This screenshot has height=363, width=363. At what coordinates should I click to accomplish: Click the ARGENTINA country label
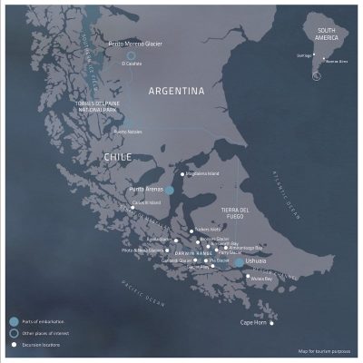pos(178,92)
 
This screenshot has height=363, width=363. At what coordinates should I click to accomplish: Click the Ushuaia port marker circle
pos(239,262)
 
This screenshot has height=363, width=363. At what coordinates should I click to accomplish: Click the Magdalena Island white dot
pos(182,173)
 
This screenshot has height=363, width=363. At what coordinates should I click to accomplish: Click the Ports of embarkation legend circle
pos(13,321)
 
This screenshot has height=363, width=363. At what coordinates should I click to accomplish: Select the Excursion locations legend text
pos(41,344)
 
